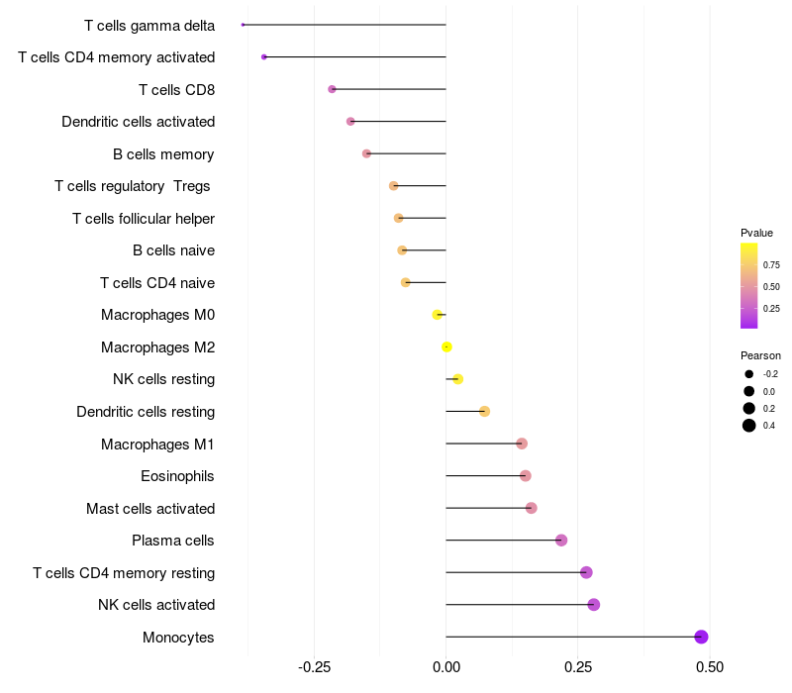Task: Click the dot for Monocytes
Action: [701, 637]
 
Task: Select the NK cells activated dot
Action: [594, 605]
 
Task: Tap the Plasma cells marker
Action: [561, 541]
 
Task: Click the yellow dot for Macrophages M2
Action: [447, 346]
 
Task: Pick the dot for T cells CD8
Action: [332, 89]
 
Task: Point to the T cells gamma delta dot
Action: [243, 25]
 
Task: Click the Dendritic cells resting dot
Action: [484, 411]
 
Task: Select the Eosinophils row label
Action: [177, 476]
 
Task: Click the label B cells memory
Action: [163, 154]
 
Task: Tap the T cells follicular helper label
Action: [144, 219]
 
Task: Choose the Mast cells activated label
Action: [150, 509]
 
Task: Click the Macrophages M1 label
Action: [157, 445]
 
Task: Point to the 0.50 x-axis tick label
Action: [709, 667]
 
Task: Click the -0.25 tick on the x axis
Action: [314, 667]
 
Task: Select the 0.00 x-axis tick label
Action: [446, 667]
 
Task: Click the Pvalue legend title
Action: [756, 233]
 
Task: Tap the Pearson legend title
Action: [760, 355]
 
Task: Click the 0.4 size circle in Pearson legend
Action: [749, 426]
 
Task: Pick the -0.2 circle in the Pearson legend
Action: [749, 374]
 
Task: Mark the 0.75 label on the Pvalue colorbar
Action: [771, 265]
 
